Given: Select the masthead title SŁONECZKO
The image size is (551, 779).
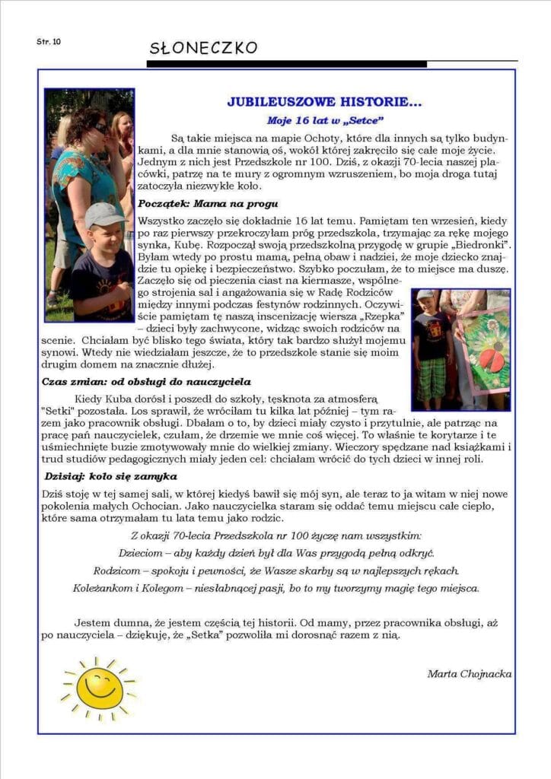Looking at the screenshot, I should tap(203, 49).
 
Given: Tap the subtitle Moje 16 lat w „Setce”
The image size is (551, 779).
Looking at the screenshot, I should tap(325, 120).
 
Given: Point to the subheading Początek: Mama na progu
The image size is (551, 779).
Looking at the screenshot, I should tap(208, 204).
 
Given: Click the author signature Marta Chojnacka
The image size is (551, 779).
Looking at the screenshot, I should tap(469, 673).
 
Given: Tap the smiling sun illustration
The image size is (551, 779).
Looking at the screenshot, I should tap(99, 687).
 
